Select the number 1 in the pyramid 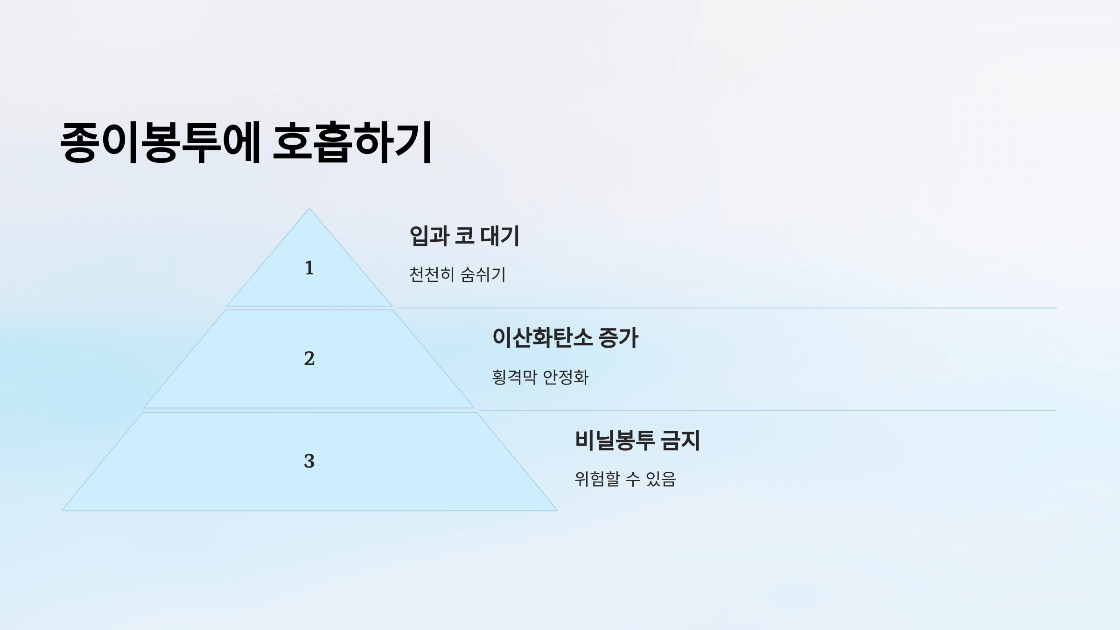[x=309, y=268]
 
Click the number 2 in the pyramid [x=309, y=358]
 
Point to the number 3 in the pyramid [x=309, y=461]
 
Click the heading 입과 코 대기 [x=464, y=236]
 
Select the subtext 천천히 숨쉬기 [x=457, y=274]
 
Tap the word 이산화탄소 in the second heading [x=542, y=337]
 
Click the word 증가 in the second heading [x=618, y=337]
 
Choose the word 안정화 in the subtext [x=566, y=377]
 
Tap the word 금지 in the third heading [x=681, y=440]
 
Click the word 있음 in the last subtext [x=661, y=479]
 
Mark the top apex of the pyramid [x=309, y=210]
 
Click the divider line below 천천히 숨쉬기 [x=723, y=308]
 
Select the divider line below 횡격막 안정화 [x=765, y=411]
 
